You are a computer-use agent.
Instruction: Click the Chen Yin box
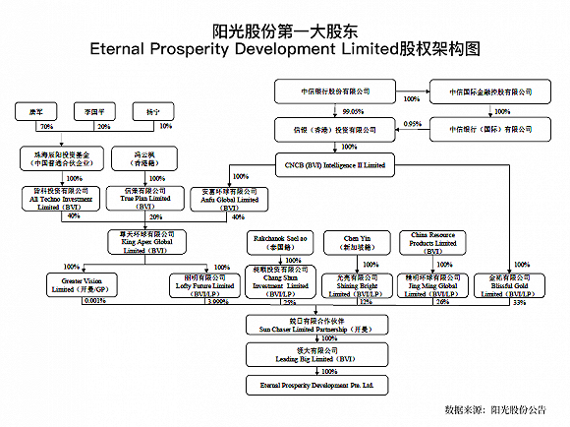coord(355,240)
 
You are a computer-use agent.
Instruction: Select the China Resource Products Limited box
coord(429,240)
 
